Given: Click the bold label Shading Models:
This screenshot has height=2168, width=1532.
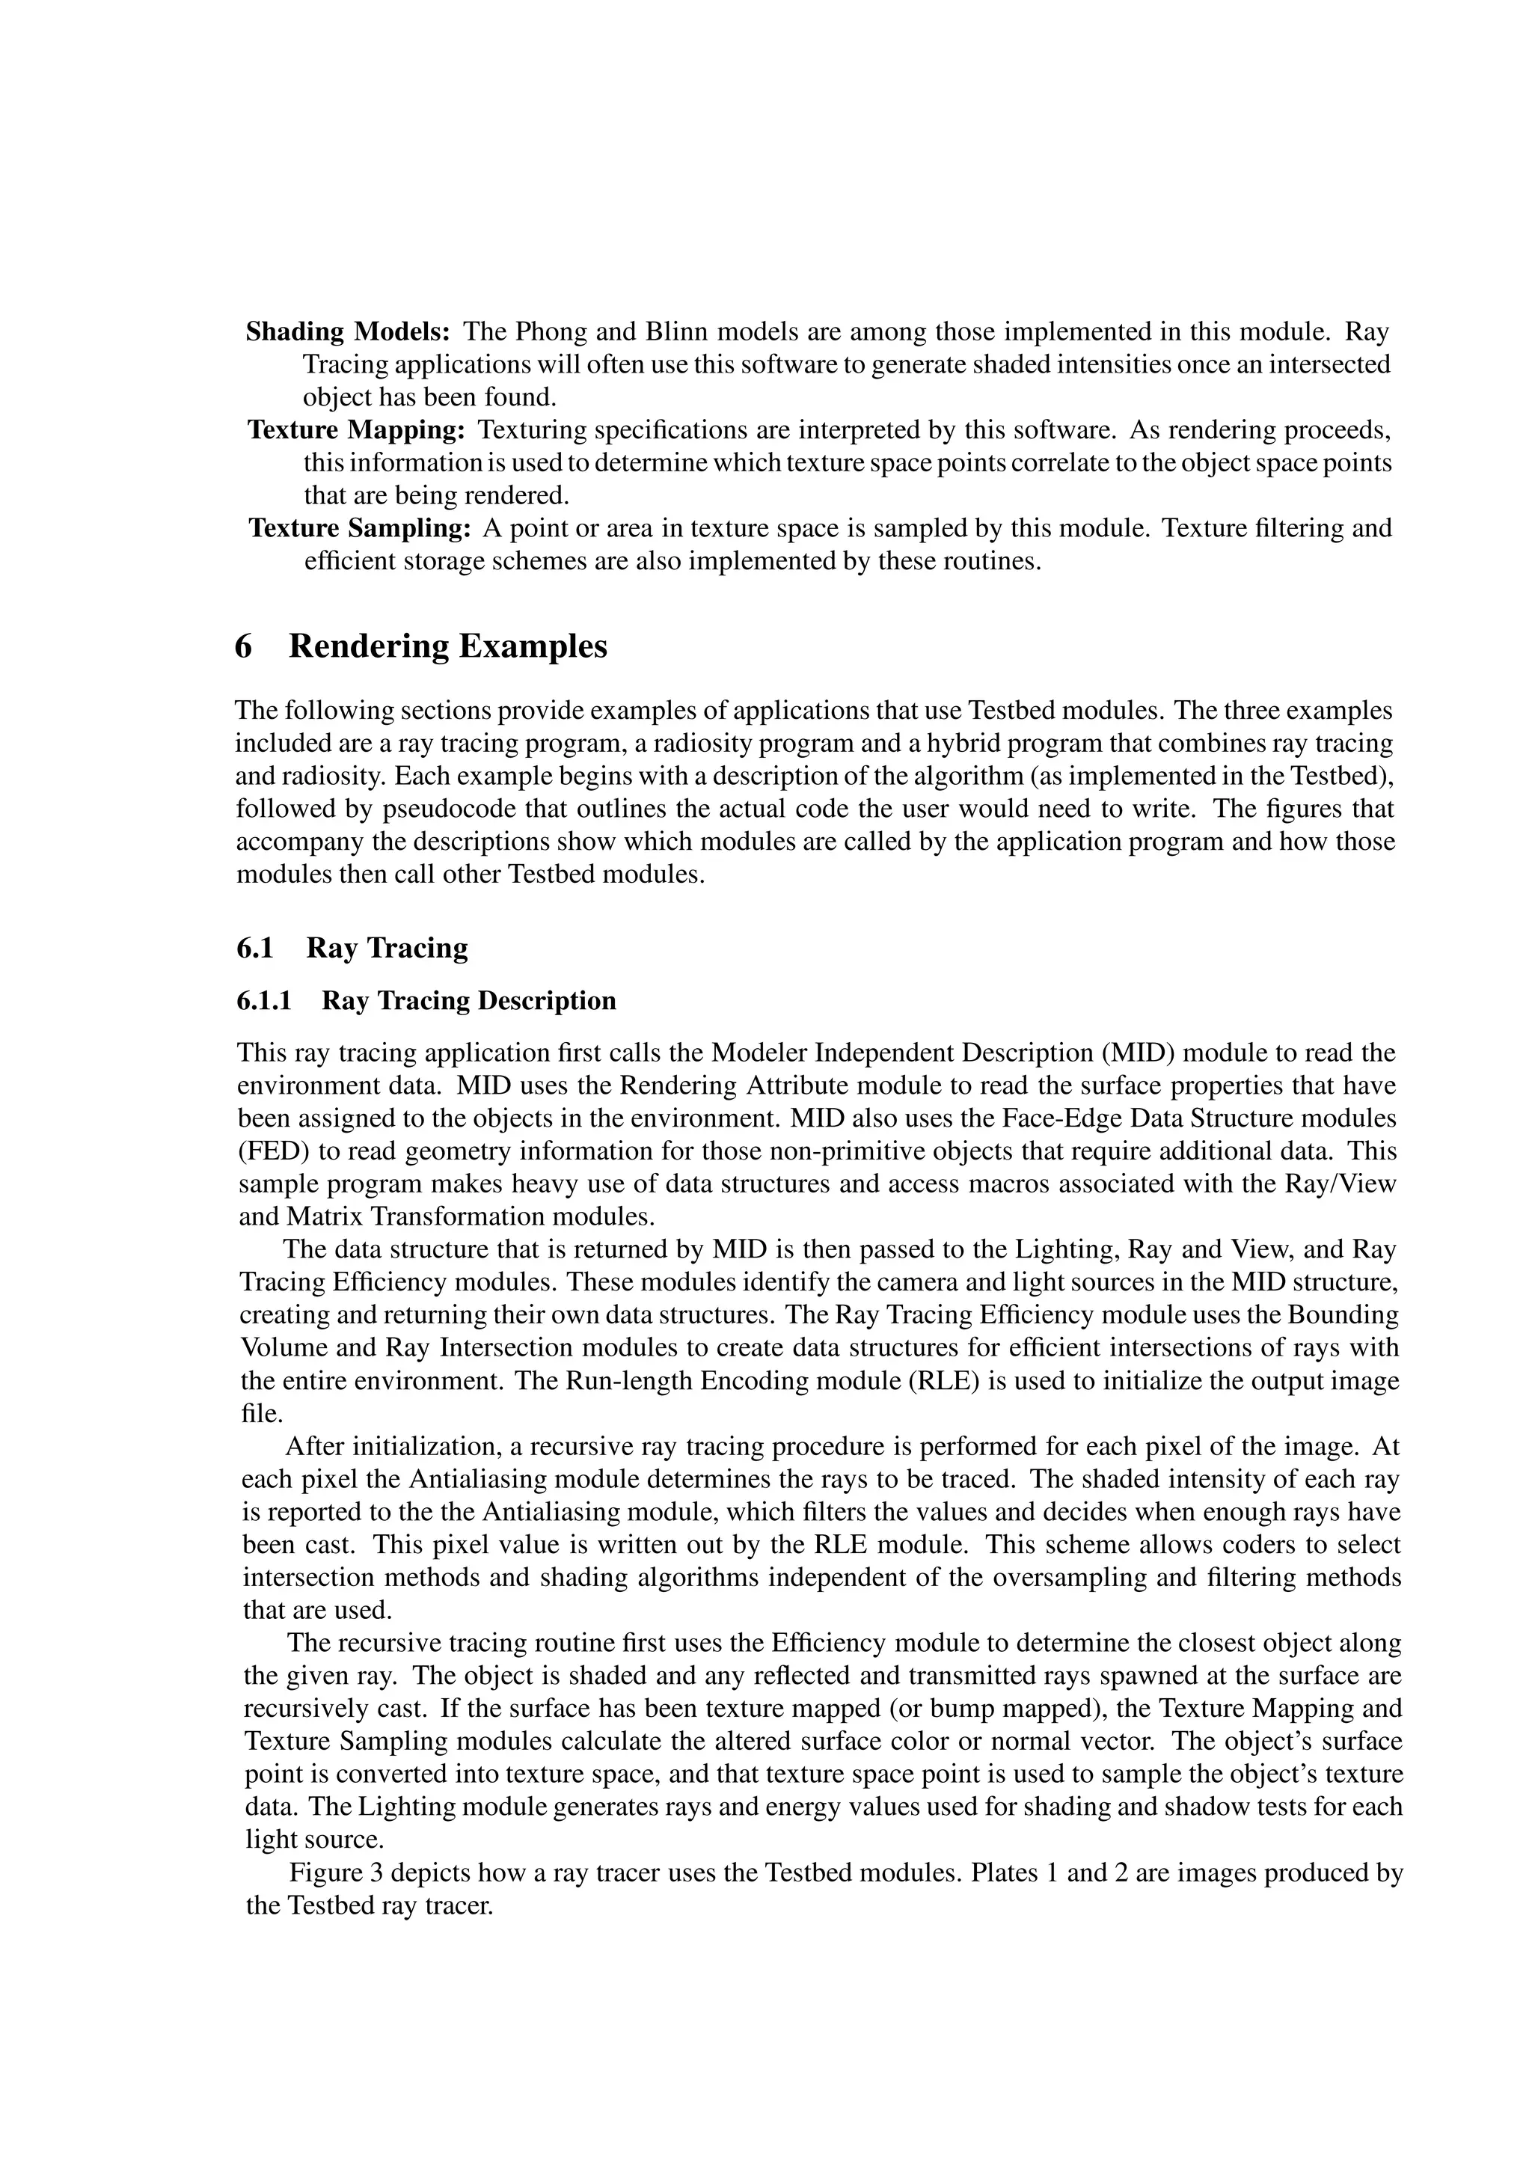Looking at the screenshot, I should point(349,331).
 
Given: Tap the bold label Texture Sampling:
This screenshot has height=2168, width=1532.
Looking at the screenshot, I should point(359,528).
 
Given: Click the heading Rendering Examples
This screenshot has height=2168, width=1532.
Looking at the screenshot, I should point(447,647).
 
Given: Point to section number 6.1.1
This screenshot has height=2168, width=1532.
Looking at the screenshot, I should point(263,1001).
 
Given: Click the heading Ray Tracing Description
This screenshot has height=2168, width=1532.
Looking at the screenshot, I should point(468,1001).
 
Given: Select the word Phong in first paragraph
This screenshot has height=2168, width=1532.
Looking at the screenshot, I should point(551,331).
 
